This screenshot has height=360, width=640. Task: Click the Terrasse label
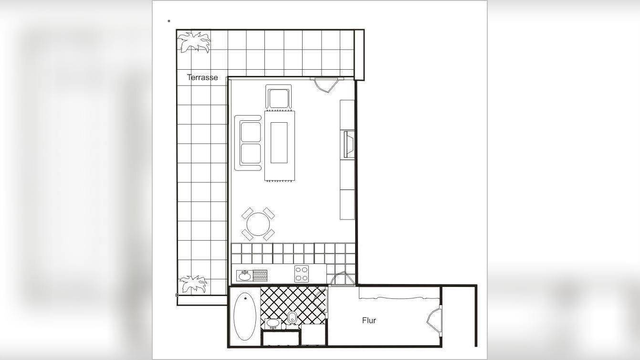tap(202, 77)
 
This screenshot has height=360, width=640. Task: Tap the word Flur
tap(369, 320)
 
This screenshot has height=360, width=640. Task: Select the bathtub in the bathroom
tap(245, 316)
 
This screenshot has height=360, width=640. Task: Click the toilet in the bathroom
tap(292, 317)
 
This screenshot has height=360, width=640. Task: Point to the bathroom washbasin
tap(273, 323)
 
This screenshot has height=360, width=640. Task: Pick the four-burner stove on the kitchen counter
tap(302, 274)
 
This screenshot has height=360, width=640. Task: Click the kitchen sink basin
tap(244, 275)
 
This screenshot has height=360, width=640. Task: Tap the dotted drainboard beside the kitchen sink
tap(260, 275)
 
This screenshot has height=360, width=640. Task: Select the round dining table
tap(258, 224)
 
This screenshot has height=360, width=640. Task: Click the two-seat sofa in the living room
tap(249, 143)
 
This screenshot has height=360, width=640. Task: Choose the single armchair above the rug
tap(279, 97)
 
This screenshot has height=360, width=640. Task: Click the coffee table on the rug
tap(279, 142)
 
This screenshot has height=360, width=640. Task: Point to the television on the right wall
tap(348, 144)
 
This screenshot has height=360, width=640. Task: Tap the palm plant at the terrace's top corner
tap(194, 42)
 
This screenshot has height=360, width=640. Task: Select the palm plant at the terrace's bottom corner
tap(193, 284)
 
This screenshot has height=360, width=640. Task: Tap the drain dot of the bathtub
tap(246, 298)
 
